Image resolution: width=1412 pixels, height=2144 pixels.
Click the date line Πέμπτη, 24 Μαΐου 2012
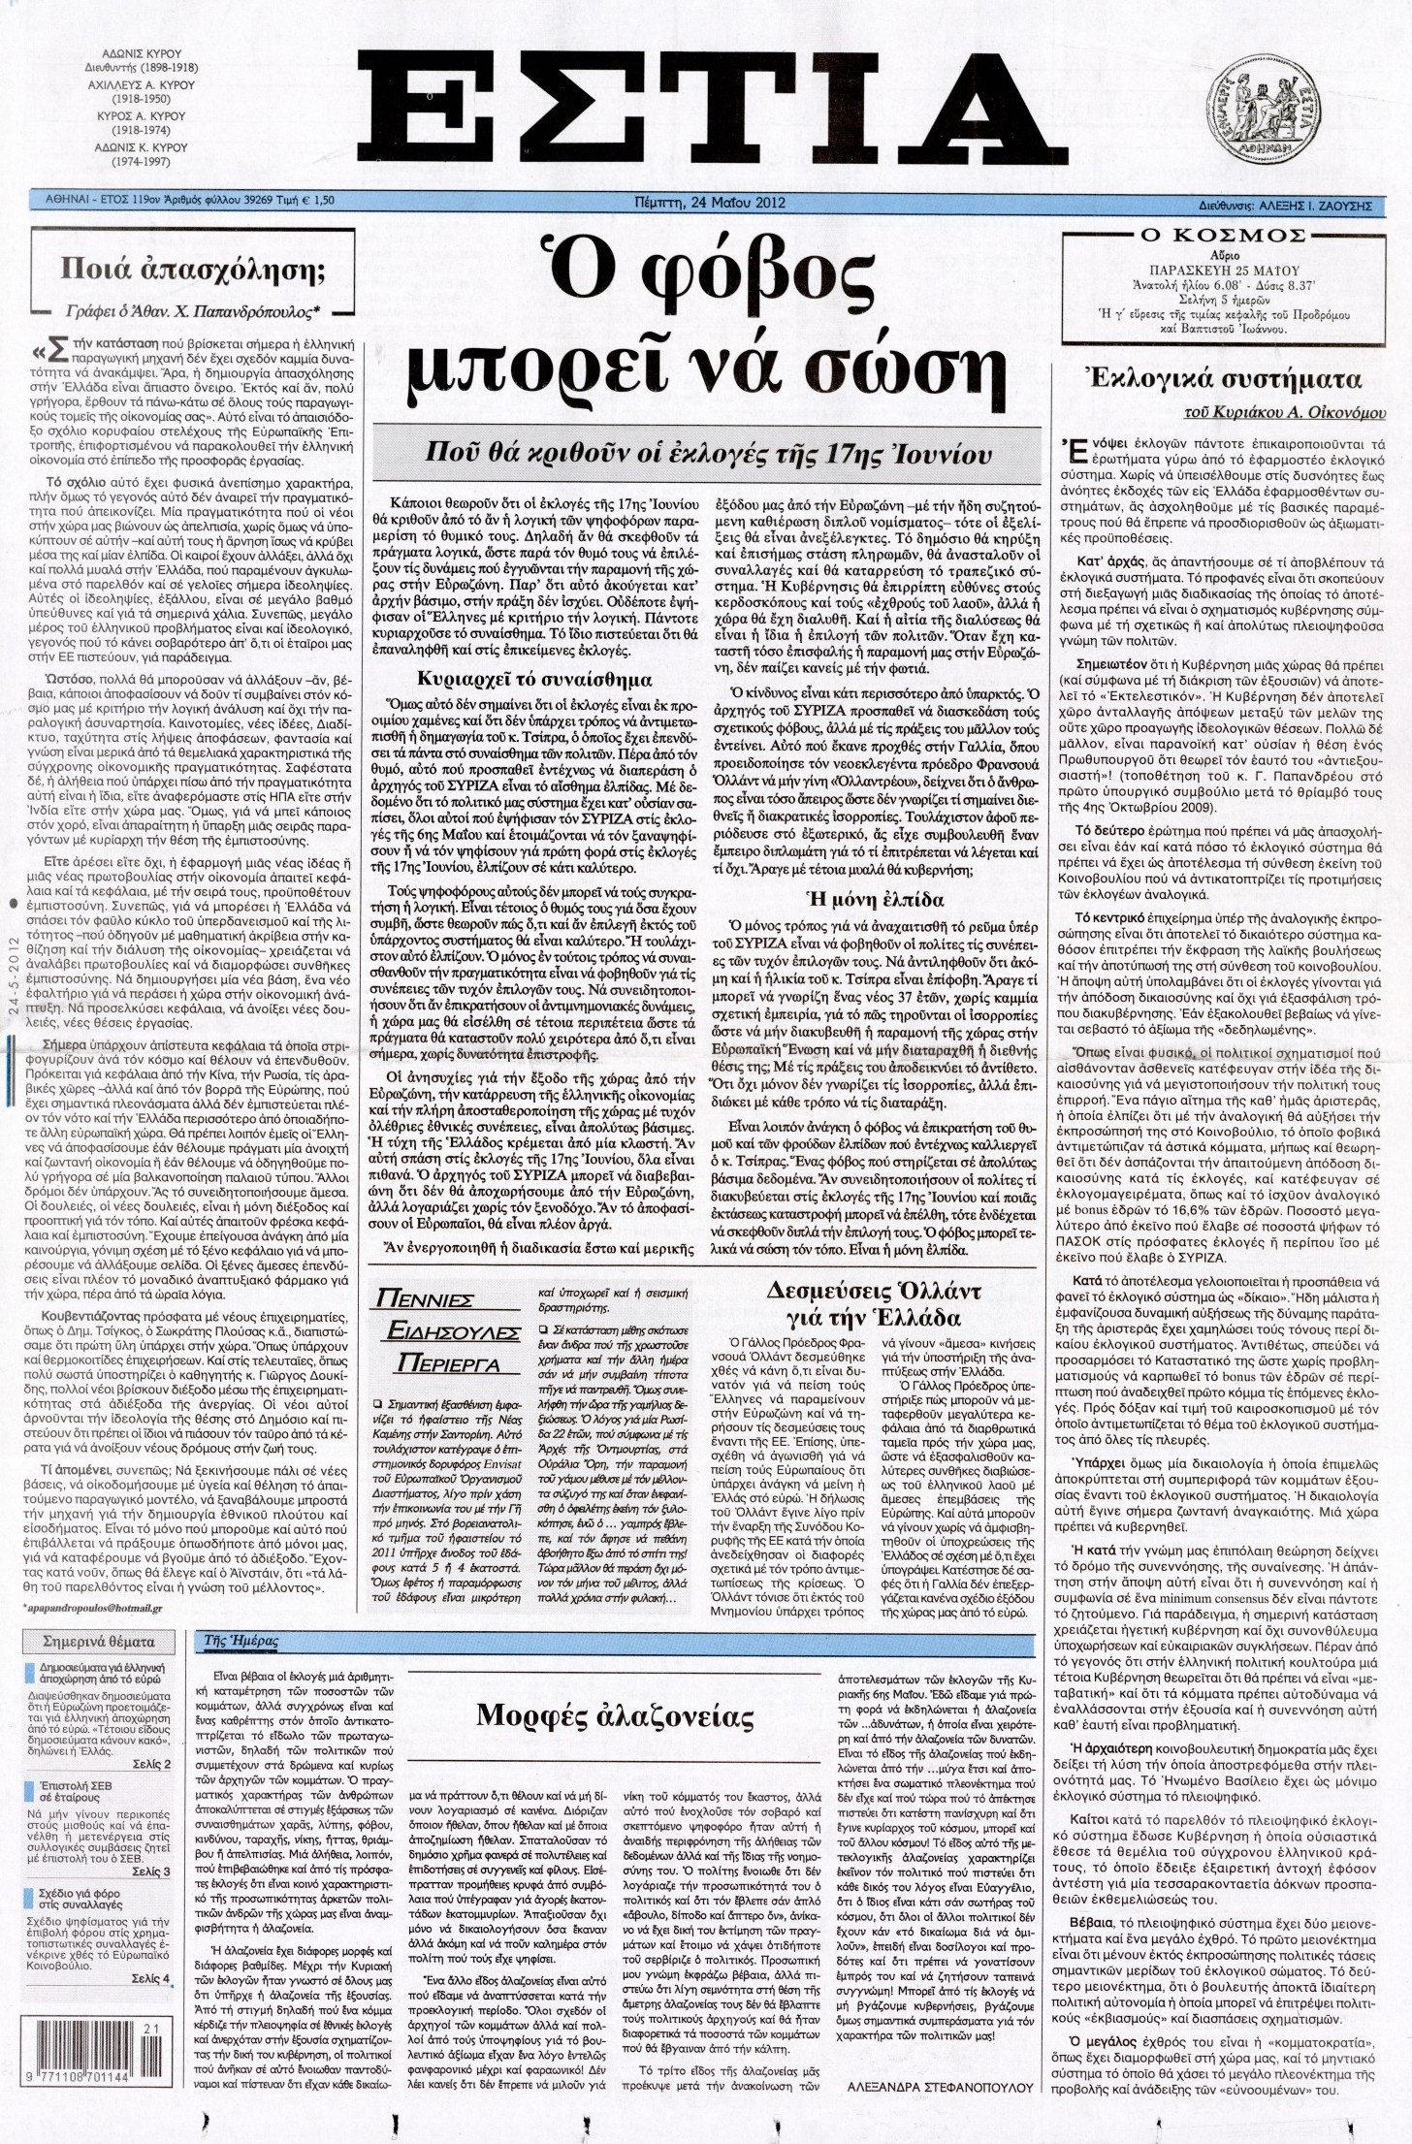coord(705,203)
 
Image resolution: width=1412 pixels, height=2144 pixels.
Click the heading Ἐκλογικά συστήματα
coord(1228,379)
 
